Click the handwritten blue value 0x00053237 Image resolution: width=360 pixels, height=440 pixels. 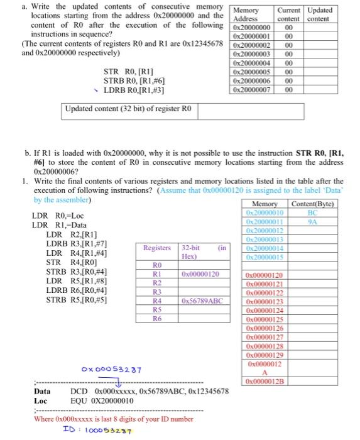[x=111, y=369]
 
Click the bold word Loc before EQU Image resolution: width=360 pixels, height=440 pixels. [x=40, y=400]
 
